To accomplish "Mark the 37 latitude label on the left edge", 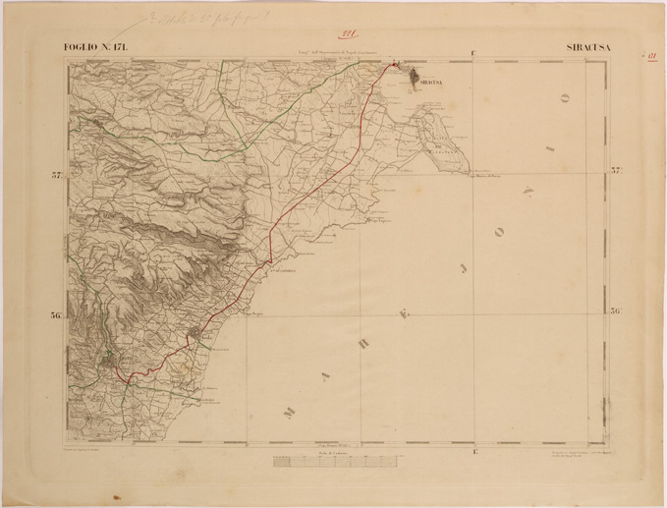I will click(57, 176).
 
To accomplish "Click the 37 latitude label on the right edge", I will click(617, 176).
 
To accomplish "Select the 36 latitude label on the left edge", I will click(57, 315).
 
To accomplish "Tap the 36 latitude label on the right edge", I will click(617, 313).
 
